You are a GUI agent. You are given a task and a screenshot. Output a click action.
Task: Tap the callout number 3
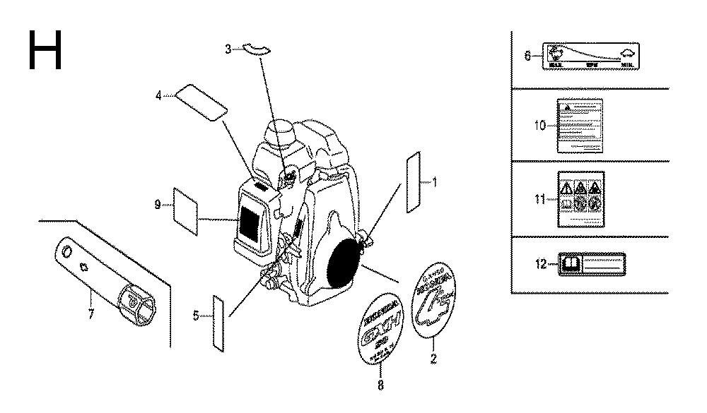pyautogui.click(x=228, y=49)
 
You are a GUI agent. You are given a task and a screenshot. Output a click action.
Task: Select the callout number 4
pyautogui.click(x=160, y=94)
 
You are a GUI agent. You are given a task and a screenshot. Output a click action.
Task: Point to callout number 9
pyautogui.click(x=157, y=205)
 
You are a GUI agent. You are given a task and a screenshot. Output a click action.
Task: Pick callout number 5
pyautogui.click(x=197, y=316)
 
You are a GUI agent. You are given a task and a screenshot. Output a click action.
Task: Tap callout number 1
pyautogui.click(x=435, y=182)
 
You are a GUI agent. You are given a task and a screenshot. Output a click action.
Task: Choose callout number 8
pyautogui.click(x=381, y=385)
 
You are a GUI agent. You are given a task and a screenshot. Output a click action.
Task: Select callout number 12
pyautogui.click(x=542, y=264)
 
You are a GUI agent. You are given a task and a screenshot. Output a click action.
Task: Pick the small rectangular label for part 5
pyautogui.click(x=218, y=320)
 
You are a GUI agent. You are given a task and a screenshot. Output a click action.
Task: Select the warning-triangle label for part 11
pyautogui.click(x=580, y=199)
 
